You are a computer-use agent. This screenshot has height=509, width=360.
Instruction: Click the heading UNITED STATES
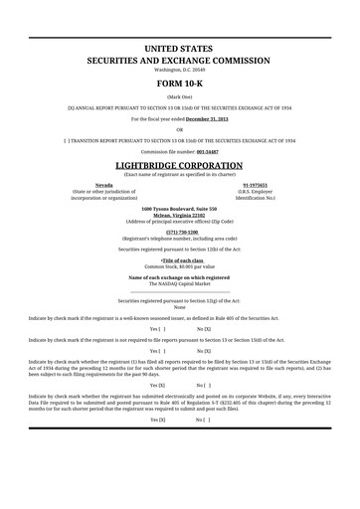pos(180,48)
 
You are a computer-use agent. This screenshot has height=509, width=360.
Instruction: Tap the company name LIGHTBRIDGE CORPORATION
pos(180,164)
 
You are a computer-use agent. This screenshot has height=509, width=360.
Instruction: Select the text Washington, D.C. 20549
pos(180,70)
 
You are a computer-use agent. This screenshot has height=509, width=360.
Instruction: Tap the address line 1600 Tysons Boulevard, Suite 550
pos(180,209)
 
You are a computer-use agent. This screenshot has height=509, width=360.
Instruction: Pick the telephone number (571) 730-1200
pos(180,232)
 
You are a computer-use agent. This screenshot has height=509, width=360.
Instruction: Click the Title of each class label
pos(180,260)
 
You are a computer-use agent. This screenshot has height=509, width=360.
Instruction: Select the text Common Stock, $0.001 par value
pos(180,266)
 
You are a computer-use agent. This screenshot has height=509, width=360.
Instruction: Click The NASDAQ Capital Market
pos(180,283)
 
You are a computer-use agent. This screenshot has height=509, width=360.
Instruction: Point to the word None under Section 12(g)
pos(180,307)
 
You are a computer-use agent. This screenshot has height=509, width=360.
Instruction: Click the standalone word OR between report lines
pos(180,129)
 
